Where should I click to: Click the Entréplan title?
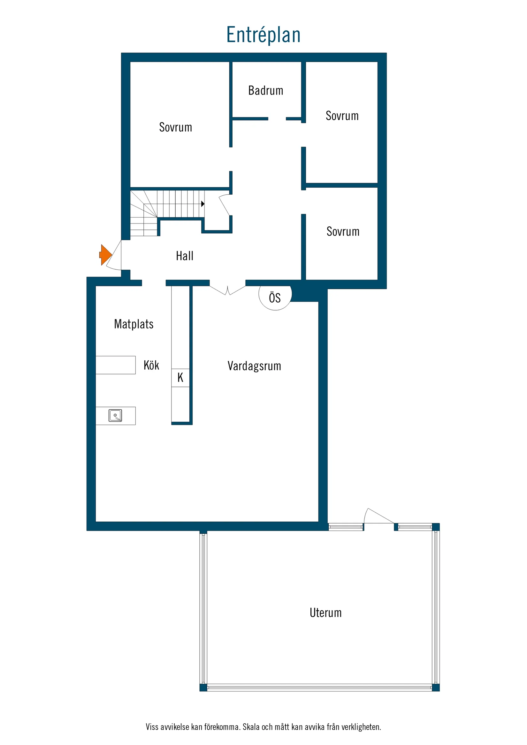(x=263, y=35)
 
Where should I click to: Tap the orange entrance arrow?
(x=105, y=255)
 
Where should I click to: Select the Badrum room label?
(x=266, y=91)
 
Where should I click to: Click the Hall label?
(x=184, y=256)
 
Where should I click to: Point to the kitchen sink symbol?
(x=115, y=416)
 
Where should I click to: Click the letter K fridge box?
(x=180, y=378)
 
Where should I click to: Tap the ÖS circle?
(x=275, y=297)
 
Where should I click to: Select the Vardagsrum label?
(x=254, y=366)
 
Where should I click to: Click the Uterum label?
(x=325, y=613)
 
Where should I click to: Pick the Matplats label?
(x=134, y=324)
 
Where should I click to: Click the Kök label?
(x=151, y=365)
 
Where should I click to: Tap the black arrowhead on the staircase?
(x=202, y=204)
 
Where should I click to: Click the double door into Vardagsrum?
(x=227, y=290)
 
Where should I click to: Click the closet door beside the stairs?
(x=224, y=204)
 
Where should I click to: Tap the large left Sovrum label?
(x=175, y=127)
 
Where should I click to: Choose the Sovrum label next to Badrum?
(x=342, y=116)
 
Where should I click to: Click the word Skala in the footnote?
(x=251, y=727)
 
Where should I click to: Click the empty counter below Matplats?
(x=115, y=365)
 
